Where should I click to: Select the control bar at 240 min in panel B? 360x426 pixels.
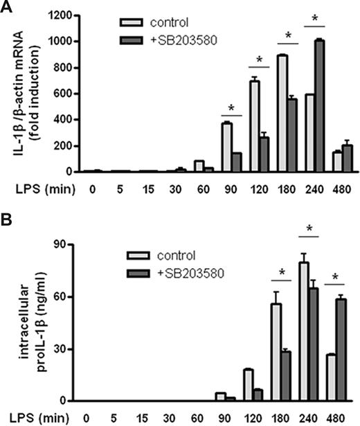[303, 332]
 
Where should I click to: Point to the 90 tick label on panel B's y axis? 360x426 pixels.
[68, 245]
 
